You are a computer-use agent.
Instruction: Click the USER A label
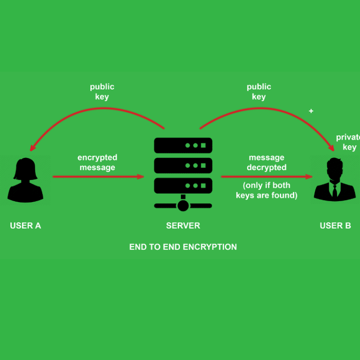[x=25, y=226]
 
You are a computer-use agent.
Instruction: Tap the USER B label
[x=335, y=226]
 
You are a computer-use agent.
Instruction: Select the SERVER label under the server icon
[x=183, y=226]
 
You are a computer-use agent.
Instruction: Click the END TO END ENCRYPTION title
[x=183, y=247]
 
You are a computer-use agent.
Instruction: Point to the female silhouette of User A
[x=25, y=180]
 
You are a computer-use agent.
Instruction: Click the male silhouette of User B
[x=335, y=180]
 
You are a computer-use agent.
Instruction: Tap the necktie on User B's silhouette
[x=335, y=190]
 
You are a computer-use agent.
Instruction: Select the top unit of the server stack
[x=183, y=146]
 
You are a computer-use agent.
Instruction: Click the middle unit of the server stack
[x=183, y=165]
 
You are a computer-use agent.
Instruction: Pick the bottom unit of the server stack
[x=183, y=186]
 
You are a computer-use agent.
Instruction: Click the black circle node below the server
[x=183, y=205]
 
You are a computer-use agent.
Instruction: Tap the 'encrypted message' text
[x=97, y=163]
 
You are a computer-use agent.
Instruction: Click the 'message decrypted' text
[x=267, y=163]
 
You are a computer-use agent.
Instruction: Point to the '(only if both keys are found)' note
[x=267, y=190]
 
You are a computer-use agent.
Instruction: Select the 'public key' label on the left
[x=102, y=92]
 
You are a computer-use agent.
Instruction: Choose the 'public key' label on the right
[x=259, y=92]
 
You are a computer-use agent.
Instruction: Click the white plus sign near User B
[x=311, y=112]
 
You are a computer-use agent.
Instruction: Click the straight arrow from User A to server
[x=98, y=177]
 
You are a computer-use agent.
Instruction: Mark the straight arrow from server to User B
[x=266, y=177]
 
